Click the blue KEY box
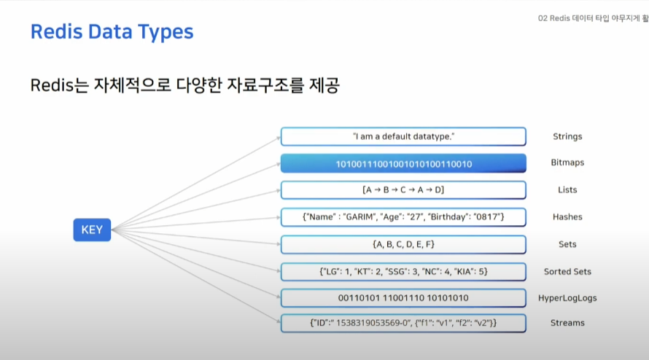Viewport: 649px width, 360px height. click(92, 230)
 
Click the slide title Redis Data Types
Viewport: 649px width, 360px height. click(112, 32)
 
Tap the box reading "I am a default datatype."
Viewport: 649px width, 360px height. click(403, 137)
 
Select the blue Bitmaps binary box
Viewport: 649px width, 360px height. click(403, 164)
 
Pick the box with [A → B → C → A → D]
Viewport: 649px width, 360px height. click(403, 190)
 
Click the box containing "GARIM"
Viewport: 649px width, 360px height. click(403, 217)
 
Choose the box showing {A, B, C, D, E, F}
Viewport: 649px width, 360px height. click(403, 244)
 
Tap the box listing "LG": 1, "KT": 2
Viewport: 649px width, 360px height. click(403, 272)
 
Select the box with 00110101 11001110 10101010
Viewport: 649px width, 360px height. click(403, 298)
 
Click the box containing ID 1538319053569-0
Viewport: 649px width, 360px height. click(403, 322)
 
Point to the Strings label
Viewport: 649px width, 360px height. click(567, 137)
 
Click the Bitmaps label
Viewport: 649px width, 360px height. click(568, 164)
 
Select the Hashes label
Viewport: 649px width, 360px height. click(567, 217)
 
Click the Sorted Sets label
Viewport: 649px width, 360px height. click(567, 272)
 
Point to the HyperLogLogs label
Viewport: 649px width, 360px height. click(567, 298)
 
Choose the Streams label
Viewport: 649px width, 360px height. click(567, 323)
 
